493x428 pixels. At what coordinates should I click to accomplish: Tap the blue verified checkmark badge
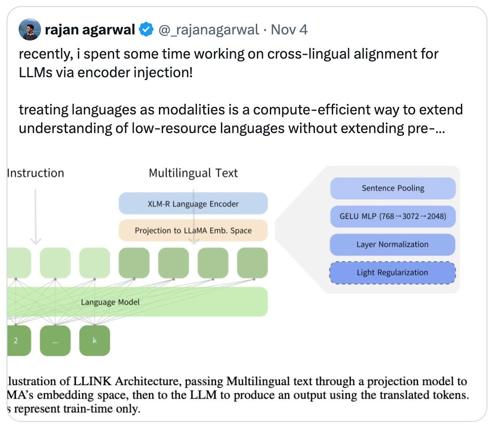(x=147, y=30)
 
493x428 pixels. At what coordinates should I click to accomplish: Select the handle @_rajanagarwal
(x=209, y=30)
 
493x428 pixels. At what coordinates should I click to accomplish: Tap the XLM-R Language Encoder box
(x=193, y=203)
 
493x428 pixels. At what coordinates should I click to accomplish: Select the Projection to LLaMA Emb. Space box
(x=193, y=230)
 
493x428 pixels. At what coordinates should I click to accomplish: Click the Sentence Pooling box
(x=392, y=188)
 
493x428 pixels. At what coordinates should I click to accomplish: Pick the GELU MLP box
(x=392, y=216)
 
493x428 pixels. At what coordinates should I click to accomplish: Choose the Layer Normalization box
(x=392, y=244)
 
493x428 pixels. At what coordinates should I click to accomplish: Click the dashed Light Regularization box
(x=392, y=273)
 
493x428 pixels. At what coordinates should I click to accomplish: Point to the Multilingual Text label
(x=193, y=174)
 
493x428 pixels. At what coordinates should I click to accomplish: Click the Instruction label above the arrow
(x=36, y=174)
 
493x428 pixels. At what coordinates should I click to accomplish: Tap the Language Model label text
(x=110, y=302)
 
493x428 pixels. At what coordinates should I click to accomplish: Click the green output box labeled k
(x=95, y=341)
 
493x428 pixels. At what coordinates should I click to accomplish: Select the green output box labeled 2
(x=16, y=341)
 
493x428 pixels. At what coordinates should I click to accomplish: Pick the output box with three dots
(x=55, y=341)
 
